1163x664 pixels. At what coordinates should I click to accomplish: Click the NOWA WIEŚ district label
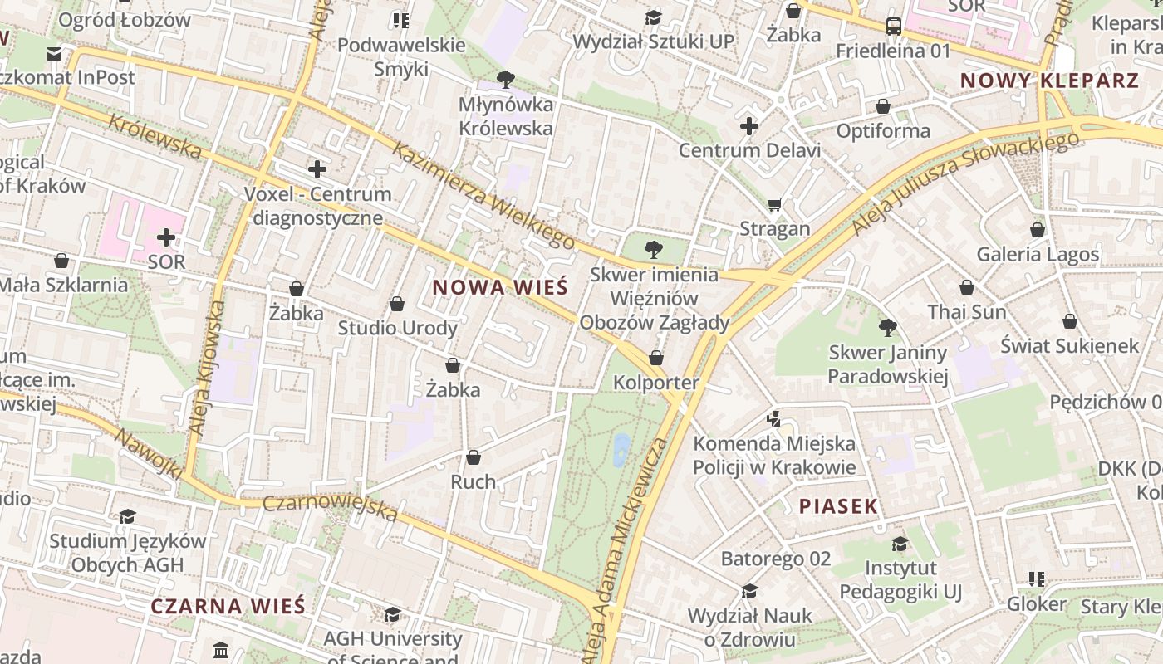(x=500, y=288)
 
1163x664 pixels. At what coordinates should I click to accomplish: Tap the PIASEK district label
(x=838, y=506)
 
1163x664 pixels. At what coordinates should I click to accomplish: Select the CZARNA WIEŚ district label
(x=228, y=606)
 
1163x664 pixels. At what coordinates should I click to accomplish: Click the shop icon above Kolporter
(x=656, y=358)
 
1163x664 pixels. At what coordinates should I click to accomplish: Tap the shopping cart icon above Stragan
(x=775, y=204)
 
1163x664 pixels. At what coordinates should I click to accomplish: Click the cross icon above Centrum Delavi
(x=749, y=126)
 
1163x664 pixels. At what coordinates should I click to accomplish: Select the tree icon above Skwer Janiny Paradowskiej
(x=887, y=327)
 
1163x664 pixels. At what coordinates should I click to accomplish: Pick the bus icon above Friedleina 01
(x=894, y=27)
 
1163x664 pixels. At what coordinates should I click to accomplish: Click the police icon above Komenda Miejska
(x=774, y=418)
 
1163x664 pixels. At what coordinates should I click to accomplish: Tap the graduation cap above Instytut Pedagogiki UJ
(x=900, y=544)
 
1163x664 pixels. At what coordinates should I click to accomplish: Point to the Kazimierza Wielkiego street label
(x=483, y=196)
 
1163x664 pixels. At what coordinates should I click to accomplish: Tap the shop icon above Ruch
(x=473, y=457)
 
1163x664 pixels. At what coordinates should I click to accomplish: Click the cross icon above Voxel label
(x=317, y=169)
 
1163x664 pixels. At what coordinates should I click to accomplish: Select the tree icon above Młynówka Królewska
(x=505, y=80)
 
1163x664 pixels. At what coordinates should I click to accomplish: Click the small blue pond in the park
(x=621, y=449)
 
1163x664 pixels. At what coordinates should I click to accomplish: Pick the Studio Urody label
(x=397, y=328)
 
